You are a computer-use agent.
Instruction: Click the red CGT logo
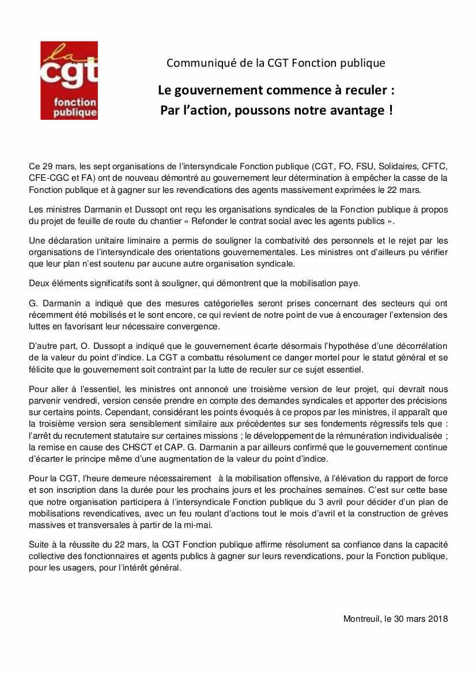[69, 80]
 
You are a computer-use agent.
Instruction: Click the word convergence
[195, 326]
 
